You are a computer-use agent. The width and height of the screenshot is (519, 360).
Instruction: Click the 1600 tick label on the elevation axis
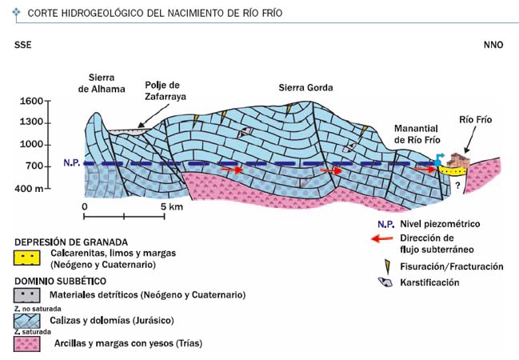31,101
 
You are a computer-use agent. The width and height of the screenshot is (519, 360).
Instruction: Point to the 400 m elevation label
29,189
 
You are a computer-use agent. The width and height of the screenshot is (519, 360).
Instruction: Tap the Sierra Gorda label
305,88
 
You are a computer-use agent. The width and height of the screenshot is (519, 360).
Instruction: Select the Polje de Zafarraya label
166,90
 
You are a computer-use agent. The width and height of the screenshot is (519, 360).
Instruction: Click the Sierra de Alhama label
102,83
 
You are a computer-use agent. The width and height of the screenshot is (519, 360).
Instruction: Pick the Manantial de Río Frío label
417,134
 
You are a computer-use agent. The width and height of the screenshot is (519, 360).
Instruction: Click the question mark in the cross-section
457,186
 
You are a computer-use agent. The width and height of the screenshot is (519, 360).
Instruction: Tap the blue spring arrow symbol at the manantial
439,160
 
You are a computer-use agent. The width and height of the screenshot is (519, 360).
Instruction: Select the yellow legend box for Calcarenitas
27,258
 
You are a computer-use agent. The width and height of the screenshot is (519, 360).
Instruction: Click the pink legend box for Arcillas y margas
27,344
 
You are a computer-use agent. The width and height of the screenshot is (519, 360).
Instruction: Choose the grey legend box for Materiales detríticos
27,295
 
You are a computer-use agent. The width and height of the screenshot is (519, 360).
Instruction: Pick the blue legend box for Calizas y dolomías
27,321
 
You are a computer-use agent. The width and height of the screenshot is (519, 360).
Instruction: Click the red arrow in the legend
382,238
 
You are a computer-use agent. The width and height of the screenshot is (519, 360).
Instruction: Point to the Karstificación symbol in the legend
385,282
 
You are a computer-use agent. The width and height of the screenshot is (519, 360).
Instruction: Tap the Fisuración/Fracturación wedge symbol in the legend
386,266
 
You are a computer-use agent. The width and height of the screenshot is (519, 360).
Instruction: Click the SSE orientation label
23,45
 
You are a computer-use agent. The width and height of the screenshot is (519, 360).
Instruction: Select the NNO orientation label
493,45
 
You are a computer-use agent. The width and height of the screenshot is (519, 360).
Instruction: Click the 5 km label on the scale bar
172,207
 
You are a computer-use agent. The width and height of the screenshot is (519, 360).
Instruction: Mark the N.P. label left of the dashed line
72,162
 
